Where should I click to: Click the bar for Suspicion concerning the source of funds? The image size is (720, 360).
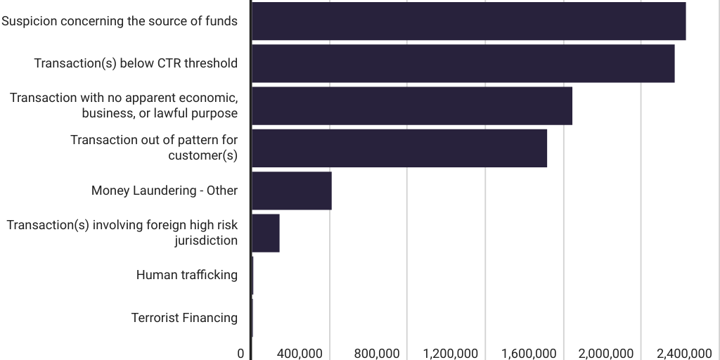coord(468,21)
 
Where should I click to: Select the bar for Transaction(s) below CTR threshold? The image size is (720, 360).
coord(463,63)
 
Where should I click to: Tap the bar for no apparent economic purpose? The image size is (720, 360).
coord(411,105)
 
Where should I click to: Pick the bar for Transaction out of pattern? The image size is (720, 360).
coord(399,148)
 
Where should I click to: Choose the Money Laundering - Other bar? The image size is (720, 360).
coord(291,191)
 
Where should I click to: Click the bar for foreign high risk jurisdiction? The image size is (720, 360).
coord(265,233)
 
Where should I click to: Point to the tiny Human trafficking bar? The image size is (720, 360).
coord(252,275)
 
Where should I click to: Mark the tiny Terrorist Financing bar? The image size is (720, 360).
coord(252,318)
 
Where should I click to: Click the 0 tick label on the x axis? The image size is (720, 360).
coord(240,353)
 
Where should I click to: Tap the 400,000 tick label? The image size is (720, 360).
coord(300,353)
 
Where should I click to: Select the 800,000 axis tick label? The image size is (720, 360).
coord(378,353)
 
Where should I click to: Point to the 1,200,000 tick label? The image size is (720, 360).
coord(451,353)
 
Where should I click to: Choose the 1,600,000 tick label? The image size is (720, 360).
coord(529,353)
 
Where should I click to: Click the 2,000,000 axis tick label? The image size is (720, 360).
coord(606,353)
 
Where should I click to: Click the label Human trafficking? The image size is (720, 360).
coord(186,275)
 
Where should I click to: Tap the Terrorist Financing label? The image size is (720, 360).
coord(184,318)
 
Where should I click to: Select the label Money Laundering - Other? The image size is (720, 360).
coord(165,191)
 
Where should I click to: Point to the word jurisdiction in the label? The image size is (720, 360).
coord(206,240)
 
